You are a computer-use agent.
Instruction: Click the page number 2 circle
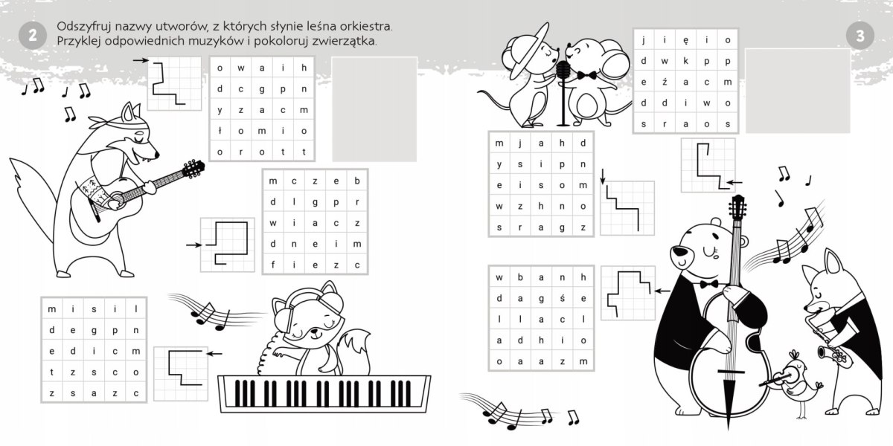point(33,36)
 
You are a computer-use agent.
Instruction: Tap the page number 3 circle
point(860,36)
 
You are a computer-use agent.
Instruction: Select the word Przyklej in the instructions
point(78,41)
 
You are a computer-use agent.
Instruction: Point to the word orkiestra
point(366,26)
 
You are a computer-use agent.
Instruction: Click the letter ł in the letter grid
point(220,131)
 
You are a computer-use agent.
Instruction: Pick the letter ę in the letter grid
point(685,41)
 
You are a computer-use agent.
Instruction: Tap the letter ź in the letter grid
point(664,82)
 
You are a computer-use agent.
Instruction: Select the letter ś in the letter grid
point(562,298)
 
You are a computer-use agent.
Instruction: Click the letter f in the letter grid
point(272,265)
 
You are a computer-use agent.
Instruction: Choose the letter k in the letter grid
point(685,61)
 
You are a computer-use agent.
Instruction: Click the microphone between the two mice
point(563,94)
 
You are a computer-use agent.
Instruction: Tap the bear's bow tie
point(709,284)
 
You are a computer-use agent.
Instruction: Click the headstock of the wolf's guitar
point(193,169)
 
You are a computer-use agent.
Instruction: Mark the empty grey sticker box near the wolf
point(374,109)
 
